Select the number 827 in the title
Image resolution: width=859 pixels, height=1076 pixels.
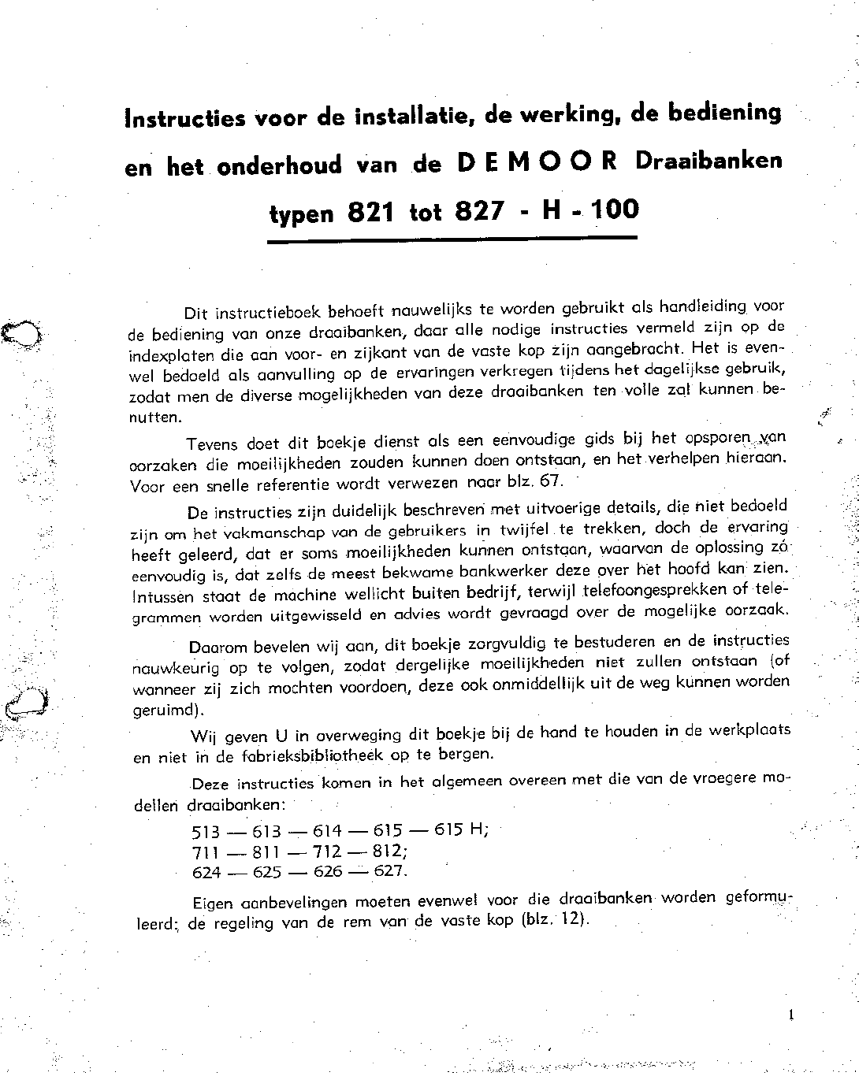click(x=479, y=211)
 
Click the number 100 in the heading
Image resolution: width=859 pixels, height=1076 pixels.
click(x=613, y=210)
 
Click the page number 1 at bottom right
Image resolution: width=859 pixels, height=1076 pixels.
click(x=790, y=1015)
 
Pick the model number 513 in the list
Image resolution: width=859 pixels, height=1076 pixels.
click(x=206, y=832)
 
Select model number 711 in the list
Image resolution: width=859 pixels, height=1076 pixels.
click(x=206, y=852)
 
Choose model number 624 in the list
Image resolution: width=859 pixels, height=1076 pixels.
click(x=207, y=873)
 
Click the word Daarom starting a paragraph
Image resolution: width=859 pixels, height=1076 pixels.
click(x=217, y=647)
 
